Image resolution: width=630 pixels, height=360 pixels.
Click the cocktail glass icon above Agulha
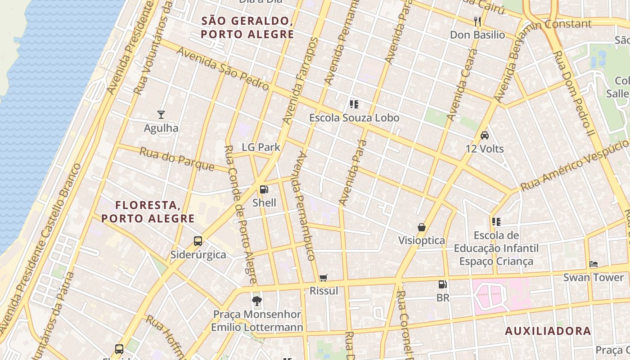coord(161,115)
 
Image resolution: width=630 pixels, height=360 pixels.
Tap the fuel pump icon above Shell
coord(264,189)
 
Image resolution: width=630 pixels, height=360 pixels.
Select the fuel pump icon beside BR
coord(443,284)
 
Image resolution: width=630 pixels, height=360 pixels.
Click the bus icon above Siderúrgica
coord(198,241)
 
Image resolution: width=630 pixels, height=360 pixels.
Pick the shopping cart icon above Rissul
coord(324,278)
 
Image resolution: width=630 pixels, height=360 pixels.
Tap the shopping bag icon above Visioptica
coord(422,227)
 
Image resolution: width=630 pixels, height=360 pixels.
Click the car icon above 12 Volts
coord(485,135)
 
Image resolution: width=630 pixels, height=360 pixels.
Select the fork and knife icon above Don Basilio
coord(477,21)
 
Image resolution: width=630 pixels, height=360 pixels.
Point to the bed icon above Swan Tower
coord(594,264)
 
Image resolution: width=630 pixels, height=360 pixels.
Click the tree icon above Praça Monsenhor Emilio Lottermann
coord(257,301)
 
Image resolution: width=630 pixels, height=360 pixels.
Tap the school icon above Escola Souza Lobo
coord(354,105)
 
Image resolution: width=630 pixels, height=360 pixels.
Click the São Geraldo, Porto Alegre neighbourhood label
coord(247,27)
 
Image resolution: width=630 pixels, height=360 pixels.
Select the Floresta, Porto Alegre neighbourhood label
coord(148,212)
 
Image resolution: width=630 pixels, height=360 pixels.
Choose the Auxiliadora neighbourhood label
coord(548,331)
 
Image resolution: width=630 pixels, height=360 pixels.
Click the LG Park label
coord(261,147)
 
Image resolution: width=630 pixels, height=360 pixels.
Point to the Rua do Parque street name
coord(177,159)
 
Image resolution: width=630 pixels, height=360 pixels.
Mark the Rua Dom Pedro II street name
coord(574,94)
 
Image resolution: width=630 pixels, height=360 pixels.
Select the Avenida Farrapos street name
coord(301,81)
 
